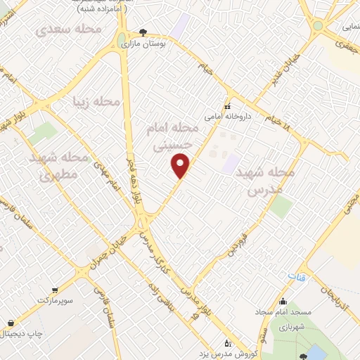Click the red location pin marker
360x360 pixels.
181,165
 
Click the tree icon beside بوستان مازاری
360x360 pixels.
143,32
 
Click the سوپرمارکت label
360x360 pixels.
55,300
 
